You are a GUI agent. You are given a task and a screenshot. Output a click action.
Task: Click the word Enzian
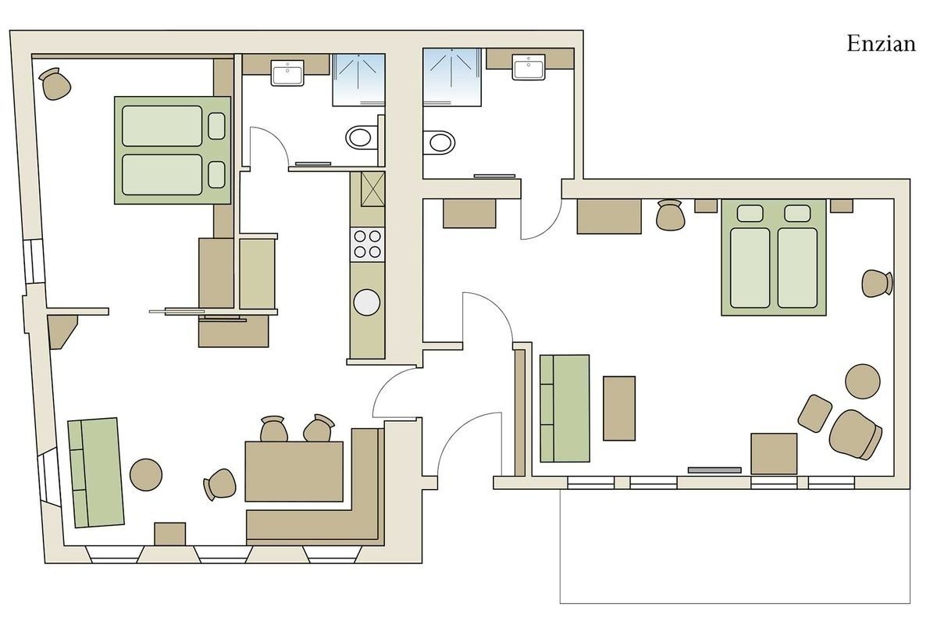click(x=881, y=44)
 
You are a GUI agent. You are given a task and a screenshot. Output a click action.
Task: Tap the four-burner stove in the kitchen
click(x=367, y=244)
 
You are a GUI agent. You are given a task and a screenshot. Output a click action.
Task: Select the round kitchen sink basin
click(x=367, y=302)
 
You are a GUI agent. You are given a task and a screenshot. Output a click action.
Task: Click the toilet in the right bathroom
click(x=439, y=143)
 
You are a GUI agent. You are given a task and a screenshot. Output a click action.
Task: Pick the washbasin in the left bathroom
click(x=287, y=73)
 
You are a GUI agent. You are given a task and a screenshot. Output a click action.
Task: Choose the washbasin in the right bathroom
click(x=529, y=66)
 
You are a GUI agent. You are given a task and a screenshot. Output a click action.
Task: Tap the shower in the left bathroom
click(x=358, y=80)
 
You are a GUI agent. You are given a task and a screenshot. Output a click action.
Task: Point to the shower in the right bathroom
click(x=452, y=77)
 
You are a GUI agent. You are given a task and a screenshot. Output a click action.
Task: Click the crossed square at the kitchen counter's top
click(x=372, y=189)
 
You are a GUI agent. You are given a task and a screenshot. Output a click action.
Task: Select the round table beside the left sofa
click(x=146, y=474)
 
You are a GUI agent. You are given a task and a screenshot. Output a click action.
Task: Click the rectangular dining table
click(x=294, y=471)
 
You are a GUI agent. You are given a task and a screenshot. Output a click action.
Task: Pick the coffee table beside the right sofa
click(x=619, y=408)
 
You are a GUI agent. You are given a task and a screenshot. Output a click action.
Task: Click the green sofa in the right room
click(x=565, y=409)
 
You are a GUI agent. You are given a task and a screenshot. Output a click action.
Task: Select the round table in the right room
click(x=863, y=381)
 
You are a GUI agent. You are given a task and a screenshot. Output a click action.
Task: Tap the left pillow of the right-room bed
click(x=750, y=213)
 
